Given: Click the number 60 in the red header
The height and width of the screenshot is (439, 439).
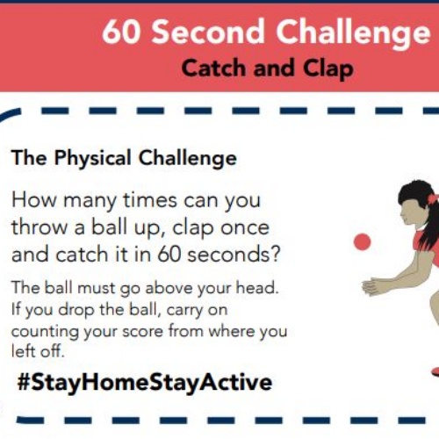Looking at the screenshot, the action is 121,31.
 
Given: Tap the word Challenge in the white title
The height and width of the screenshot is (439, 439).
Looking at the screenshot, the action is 353,33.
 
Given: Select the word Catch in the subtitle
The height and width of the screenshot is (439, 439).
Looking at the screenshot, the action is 213,68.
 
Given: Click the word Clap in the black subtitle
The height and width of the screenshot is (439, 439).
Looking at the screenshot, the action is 328,69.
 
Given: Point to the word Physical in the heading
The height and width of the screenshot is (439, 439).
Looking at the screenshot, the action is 93,159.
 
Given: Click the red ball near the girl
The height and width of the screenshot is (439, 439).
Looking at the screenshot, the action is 362,241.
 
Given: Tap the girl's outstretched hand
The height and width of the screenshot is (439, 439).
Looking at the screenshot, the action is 372,286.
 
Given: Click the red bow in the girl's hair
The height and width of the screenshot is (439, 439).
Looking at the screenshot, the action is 433,198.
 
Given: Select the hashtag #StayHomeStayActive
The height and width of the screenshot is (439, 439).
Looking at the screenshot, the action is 145,383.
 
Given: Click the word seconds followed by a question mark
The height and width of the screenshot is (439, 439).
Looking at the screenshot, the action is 234,254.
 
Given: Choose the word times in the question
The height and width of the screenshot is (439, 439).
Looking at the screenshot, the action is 150,200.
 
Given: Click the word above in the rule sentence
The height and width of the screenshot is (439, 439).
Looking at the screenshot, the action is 169,288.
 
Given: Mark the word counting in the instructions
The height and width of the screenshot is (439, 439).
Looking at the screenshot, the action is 45,333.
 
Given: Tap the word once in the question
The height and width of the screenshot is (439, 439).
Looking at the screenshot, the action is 245,228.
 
